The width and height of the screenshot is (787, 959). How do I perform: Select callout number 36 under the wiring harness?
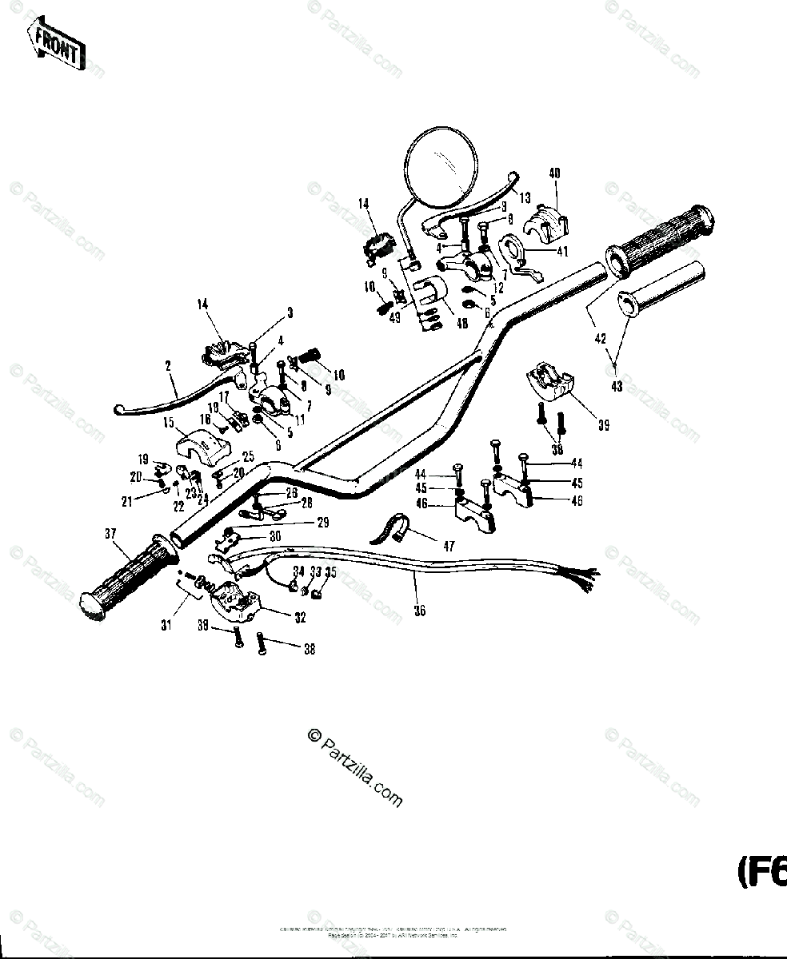tap(420, 611)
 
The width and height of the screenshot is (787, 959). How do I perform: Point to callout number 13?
tap(525, 197)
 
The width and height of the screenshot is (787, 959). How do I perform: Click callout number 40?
tap(554, 173)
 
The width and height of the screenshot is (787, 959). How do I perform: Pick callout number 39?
tap(603, 426)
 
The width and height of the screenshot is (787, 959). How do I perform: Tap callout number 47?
tap(449, 547)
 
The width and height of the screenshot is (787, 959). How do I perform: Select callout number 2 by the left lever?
tap(169, 366)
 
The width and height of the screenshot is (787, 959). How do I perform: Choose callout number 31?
tap(166, 626)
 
